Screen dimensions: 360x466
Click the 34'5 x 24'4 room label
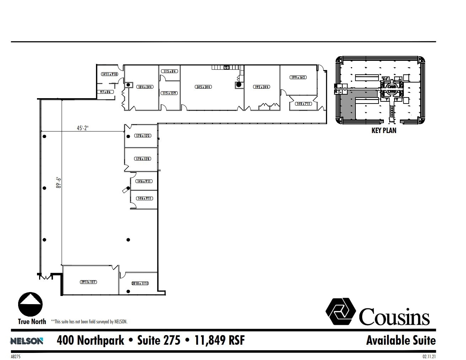point(203,87)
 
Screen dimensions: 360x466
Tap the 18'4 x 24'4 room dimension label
point(145,87)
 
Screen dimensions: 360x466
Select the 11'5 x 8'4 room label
point(170,71)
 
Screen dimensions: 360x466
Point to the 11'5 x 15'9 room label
point(169,93)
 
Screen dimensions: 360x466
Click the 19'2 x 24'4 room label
point(262,87)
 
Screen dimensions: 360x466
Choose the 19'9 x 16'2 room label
point(298,77)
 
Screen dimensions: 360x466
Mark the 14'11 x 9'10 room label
point(109,74)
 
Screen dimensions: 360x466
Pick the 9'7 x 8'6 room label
point(105,92)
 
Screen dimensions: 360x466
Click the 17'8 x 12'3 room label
point(143,136)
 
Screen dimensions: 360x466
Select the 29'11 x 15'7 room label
point(89,282)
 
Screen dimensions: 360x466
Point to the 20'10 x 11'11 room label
point(140,284)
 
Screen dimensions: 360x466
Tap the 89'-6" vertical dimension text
point(59,185)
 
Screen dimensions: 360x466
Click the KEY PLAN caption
point(384,131)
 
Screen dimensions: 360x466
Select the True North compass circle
point(31,305)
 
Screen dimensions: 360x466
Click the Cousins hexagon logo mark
point(341,311)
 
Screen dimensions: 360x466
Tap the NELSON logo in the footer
point(27,341)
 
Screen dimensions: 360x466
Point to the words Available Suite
point(401,340)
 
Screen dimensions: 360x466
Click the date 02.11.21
point(429,356)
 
